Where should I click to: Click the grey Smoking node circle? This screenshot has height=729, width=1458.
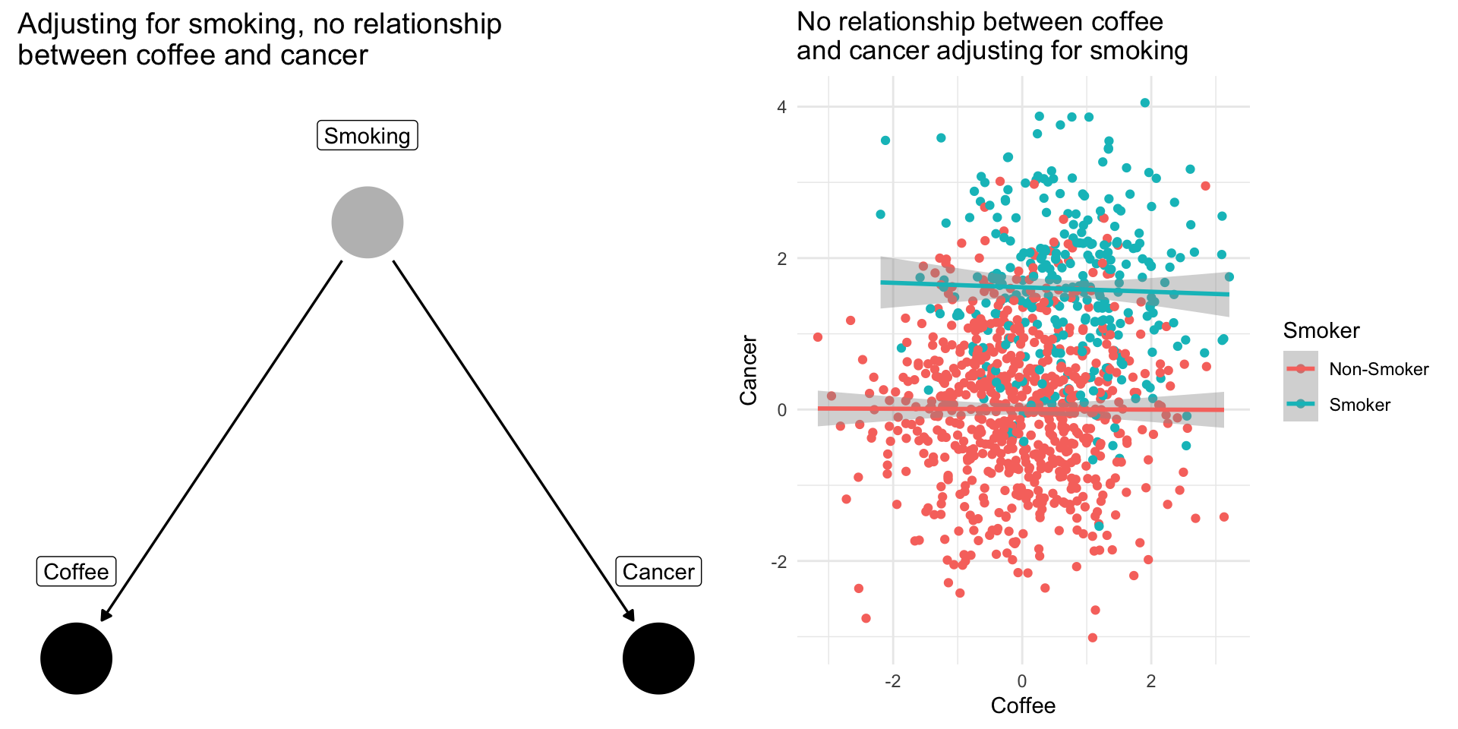[x=367, y=222]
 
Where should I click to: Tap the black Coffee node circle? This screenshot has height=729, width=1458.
[x=76, y=658]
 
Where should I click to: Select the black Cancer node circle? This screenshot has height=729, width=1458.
[x=658, y=658]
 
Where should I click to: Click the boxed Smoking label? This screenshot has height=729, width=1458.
[x=367, y=135]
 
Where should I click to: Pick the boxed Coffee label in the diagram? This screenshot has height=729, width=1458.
[x=76, y=571]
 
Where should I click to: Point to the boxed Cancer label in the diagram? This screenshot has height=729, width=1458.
[x=658, y=571]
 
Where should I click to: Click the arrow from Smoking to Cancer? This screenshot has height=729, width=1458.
[x=513, y=440]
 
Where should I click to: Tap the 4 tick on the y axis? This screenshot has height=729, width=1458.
[x=781, y=107]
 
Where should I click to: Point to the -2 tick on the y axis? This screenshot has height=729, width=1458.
[x=778, y=562]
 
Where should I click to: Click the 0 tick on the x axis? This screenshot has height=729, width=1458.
[x=1022, y=680]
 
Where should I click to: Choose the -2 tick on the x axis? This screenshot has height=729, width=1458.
[x=892, y=680]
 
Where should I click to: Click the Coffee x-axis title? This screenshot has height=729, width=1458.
[x=1023, y=705]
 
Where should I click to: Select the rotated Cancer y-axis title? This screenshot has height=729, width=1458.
[x=749, y=371]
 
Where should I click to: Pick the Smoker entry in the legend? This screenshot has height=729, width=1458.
[x=1359, y=405]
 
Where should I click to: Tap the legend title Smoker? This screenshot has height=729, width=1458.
[x=1321, y=330]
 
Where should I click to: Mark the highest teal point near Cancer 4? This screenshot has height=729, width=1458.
[x=1145, y=103]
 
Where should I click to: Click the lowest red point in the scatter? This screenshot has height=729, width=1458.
[x=1092, y=637]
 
